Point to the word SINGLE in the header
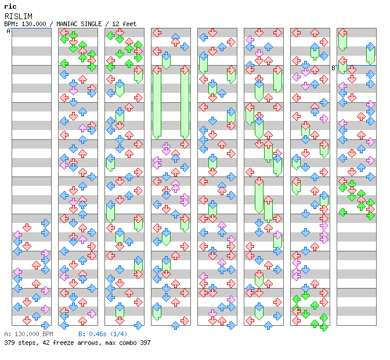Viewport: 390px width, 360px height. point(92,24)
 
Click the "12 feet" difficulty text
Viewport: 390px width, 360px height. point(124,24)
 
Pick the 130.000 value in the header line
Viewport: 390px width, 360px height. point(34,24)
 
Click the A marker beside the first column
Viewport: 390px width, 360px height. point(9,31)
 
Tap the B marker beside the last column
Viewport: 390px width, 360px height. point(334,68)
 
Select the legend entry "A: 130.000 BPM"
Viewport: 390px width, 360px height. point(28,334)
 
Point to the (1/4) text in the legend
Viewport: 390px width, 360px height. point(119,334)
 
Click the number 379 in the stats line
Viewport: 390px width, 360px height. point(9,343)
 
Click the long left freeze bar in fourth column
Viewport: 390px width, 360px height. point(157,103)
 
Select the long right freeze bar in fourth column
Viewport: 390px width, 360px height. point(185,103)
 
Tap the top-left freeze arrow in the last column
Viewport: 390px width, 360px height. point(342,39)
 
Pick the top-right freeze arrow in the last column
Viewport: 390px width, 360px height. point(370,53)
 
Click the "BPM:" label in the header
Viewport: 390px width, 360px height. point(11,24)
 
